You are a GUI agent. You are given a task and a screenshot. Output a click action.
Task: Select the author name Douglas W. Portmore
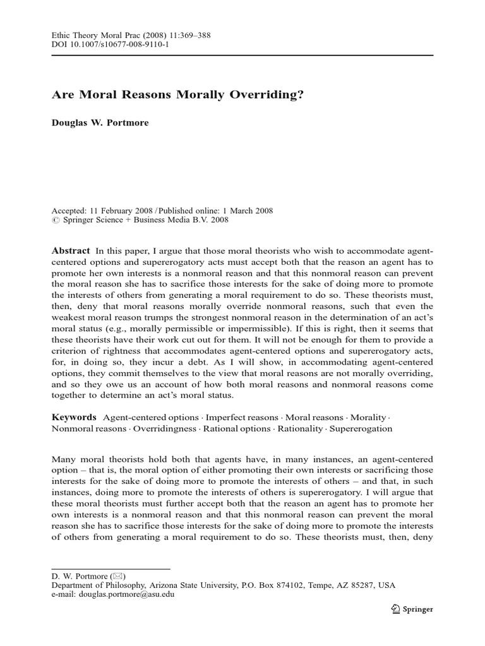tap(100, 122)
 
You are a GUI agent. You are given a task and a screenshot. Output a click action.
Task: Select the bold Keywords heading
tap(74, 417)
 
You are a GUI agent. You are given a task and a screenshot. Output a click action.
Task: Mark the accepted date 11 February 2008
tap(129, 211)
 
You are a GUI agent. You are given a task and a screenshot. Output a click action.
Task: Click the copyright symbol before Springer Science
tap(54, 221)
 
